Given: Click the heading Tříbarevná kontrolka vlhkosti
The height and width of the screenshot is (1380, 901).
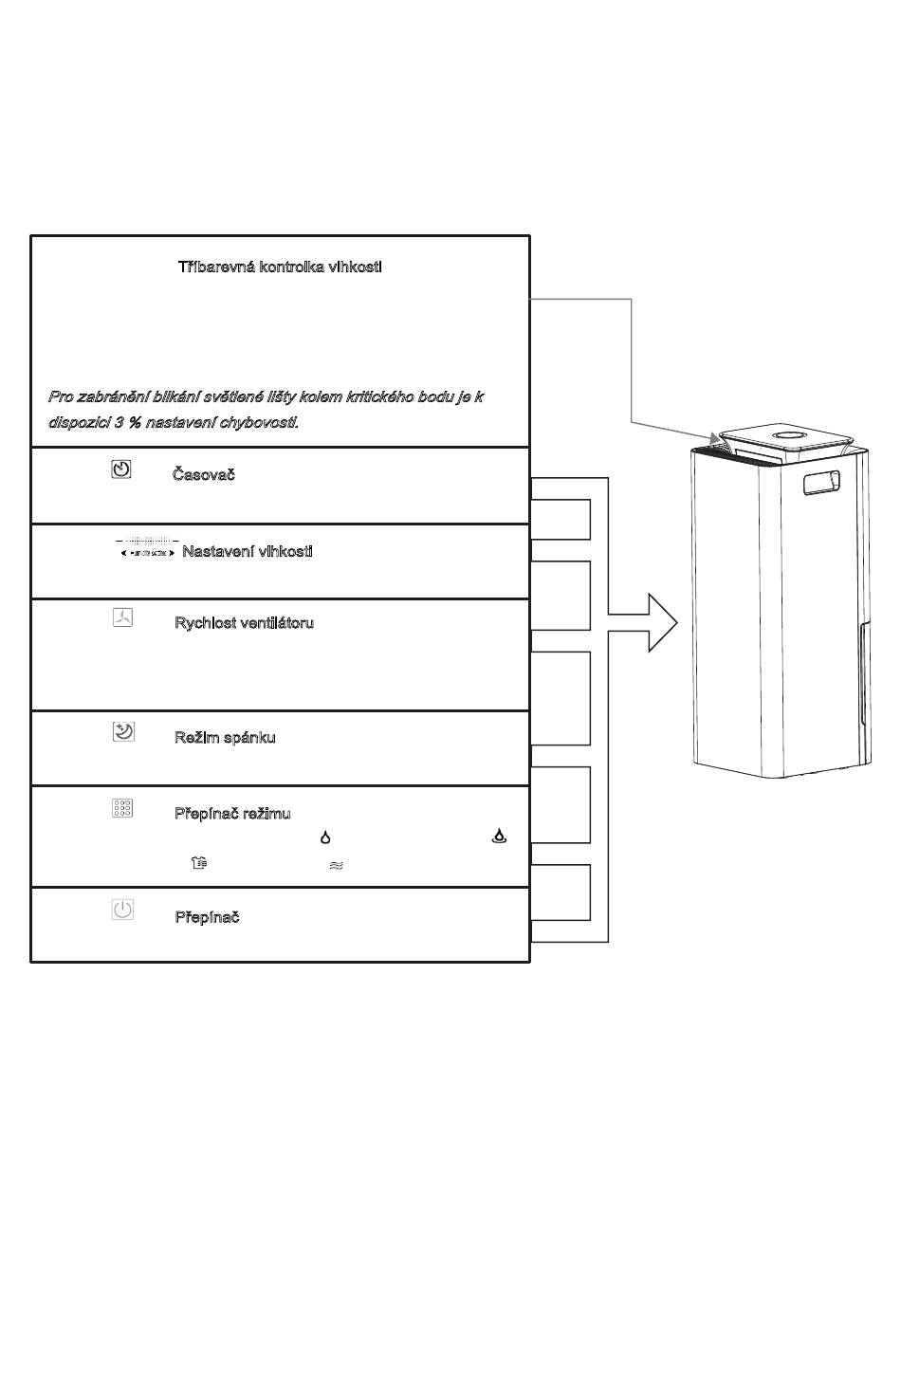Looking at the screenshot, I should (x=280, y=267).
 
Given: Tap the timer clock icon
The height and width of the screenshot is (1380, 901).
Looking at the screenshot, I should (x=121, y=469).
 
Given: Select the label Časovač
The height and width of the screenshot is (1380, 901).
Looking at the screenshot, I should (x=203, y=475).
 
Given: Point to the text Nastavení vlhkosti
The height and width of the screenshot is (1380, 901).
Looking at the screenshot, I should (x=247, y=552).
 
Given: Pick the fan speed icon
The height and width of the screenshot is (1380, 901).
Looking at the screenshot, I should (x=122, y=618).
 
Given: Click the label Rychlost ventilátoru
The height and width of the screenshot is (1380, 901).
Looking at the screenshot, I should (x=244, y=623).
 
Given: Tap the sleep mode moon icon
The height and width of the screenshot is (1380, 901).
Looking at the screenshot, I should (x=122, y=731).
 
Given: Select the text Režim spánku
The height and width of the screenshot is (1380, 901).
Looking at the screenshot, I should (x=225, y=738).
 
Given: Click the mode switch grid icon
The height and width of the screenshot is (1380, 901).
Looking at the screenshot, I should (x=122, y=808).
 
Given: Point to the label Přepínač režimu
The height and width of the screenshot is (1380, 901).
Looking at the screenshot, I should (x=232, y=814).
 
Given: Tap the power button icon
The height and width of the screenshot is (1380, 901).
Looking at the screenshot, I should (x=122, y=911).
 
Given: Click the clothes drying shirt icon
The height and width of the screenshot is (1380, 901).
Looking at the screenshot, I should (x=199, y=863).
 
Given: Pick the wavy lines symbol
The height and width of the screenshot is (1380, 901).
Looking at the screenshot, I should (x=336, y=865).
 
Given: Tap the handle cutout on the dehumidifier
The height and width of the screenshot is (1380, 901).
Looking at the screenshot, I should (x=821, y=483).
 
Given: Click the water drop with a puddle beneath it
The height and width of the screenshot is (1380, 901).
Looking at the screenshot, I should (x=499, y=837).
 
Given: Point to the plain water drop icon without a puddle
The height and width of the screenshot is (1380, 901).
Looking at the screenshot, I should (x=325, y=837).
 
